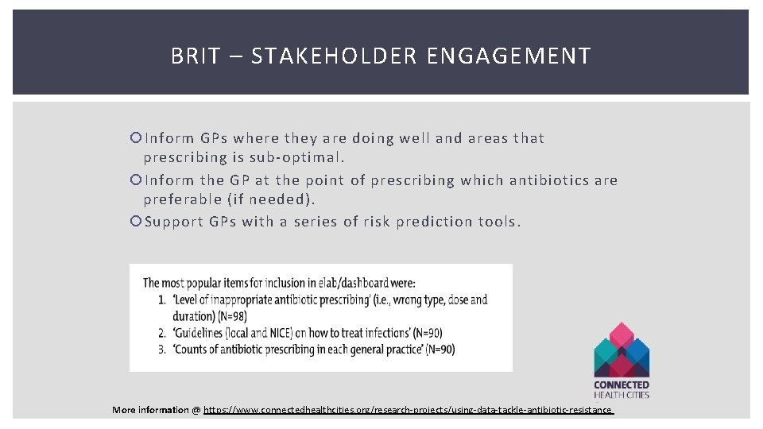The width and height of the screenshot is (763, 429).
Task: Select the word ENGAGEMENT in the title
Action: pyautogui.click(x=509, y=56)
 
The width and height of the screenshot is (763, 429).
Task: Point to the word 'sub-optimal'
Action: pyautogui.click(x=303, y=157)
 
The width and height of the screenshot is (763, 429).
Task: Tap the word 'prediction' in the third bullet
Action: pyautogui.click(x=429, y=222)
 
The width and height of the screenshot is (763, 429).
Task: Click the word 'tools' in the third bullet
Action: pyautogui.click(x=499, y=222)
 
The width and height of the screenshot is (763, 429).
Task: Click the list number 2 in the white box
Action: pyautogui.click(x=161, y=333)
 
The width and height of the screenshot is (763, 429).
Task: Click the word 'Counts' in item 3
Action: pyautogui.click(x=193, y=350)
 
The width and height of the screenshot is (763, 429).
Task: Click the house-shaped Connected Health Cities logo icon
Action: pyautogui.click(x=622, y=350)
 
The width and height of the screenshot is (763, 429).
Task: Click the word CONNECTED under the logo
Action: pyautogui.click(x=622, y=385)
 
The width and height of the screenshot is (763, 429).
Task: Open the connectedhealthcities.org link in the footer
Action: pyautogui.click(x=409, y=410)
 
